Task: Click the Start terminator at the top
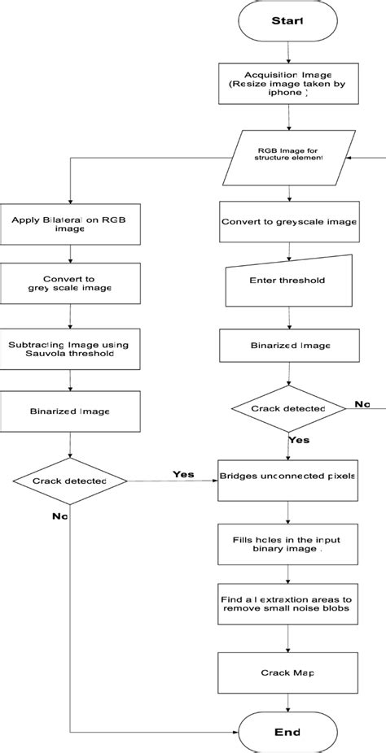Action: coord(288,21)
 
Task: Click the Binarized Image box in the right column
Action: coord(288,345)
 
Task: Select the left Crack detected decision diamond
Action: coord(70,481)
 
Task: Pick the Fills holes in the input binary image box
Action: coord(288,543)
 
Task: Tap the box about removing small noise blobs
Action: coord(288,603)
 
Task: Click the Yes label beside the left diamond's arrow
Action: coord(183,474)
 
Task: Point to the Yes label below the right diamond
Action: coord(299,440)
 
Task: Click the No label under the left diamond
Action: coord(59,516)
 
